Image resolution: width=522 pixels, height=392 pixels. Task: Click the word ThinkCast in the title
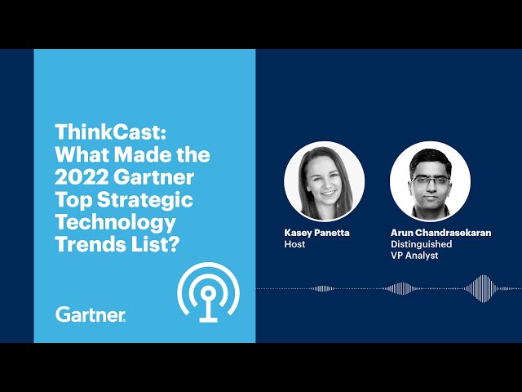point(110,132)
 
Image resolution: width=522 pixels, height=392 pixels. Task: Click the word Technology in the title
point(115,223)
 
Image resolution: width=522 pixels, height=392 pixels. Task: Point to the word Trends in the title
point(86,244)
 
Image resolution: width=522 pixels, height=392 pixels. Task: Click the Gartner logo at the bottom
point(91,314)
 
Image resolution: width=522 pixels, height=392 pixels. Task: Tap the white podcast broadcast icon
point(209,292)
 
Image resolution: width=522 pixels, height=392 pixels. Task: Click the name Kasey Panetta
point(316,233)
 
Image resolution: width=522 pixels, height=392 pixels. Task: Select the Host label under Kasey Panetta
point(294,244)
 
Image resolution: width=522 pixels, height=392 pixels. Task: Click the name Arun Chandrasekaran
point(440,233)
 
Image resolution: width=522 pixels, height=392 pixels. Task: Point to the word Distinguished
point(421,244)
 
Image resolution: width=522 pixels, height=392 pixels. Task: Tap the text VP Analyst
point(414,256)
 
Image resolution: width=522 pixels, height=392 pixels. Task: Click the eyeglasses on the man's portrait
point(431,180)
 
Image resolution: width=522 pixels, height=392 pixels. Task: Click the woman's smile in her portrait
point(328,193)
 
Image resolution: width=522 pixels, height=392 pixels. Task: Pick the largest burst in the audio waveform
point(483,288)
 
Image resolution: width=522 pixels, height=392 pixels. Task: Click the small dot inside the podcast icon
point(209,293)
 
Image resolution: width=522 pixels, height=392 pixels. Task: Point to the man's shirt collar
point(431,212)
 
